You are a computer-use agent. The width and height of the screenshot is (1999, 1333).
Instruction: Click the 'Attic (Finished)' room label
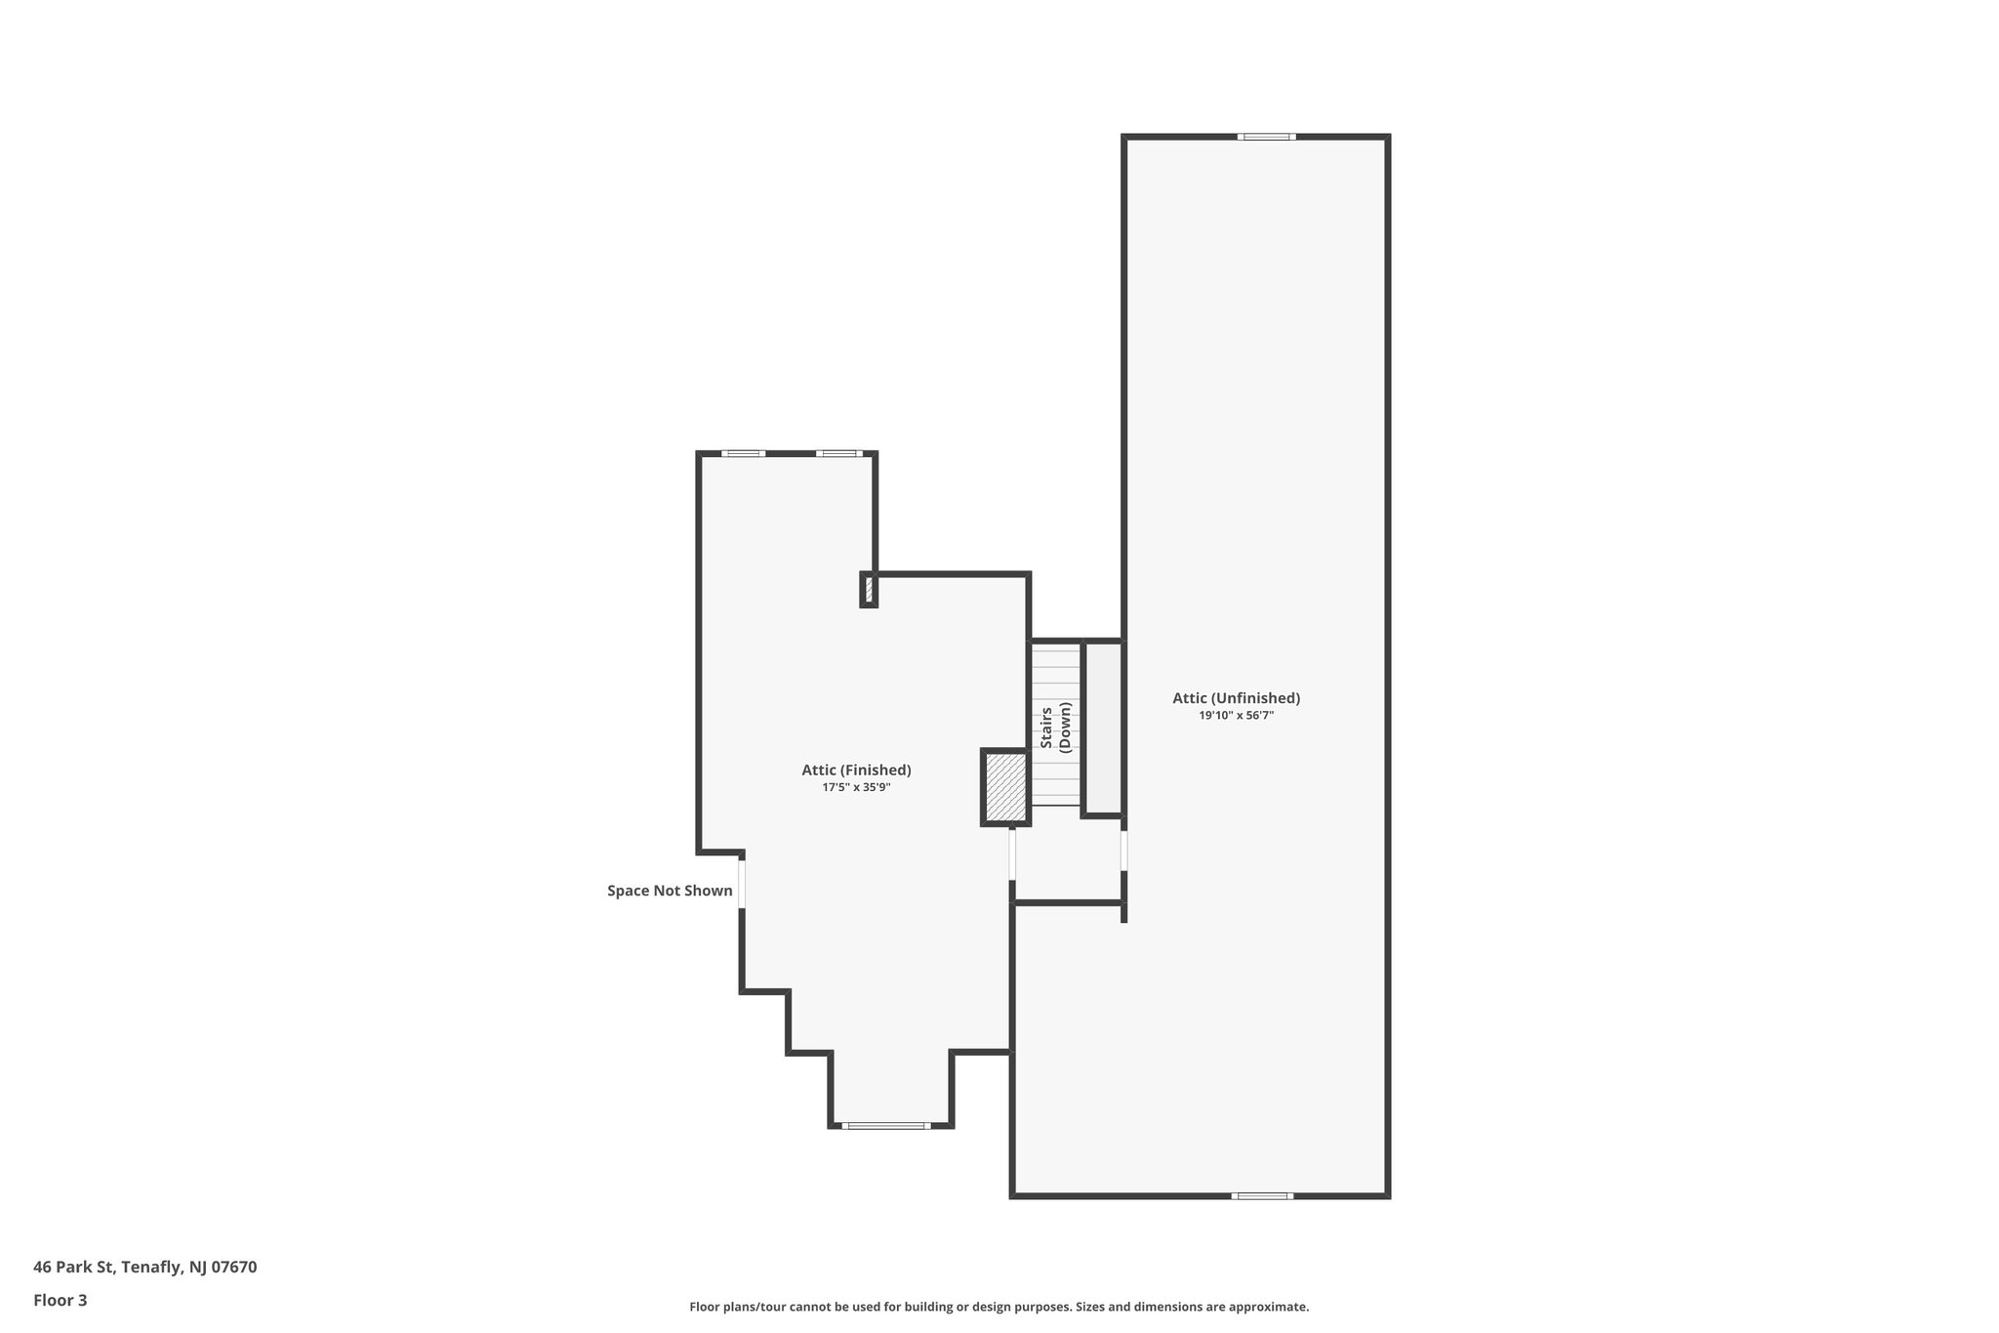[856, 770]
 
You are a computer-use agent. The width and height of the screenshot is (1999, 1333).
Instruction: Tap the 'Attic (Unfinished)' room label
[1236, 698]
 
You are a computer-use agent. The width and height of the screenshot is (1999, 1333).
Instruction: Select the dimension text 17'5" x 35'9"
[856, 787]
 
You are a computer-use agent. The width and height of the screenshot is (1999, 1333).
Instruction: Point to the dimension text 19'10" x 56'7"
[1236, 716]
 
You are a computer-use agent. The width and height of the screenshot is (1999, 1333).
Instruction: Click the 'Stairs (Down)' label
[1055, 728]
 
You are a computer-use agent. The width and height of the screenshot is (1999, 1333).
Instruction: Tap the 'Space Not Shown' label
[670, 891]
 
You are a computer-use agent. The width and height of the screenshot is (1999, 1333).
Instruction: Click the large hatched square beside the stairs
[1005, 787]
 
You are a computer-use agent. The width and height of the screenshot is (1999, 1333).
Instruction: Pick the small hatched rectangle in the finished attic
[869, 590]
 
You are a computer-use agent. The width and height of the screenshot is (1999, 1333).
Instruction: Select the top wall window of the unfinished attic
[1266, 137]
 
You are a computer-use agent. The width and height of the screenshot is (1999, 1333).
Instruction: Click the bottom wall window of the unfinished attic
[1261, 1195]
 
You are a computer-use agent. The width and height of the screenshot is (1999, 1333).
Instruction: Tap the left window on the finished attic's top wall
[743, 453]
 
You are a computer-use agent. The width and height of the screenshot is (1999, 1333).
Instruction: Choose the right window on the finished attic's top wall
[838, 453]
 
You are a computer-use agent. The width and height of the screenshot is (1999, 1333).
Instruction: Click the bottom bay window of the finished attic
[885, 1126]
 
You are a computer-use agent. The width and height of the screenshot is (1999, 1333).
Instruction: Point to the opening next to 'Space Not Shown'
[742, 883]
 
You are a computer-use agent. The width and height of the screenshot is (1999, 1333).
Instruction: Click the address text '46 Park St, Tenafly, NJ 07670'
[144, 1268]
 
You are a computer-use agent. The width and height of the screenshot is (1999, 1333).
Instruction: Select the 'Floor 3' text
[61, 1301]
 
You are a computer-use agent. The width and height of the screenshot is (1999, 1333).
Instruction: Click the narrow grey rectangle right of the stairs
[1104, 728]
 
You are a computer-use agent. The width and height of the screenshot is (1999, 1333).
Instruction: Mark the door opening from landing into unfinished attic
[1123, 850]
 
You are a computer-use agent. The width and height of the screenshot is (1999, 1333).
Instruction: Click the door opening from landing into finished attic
[1012, 853]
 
